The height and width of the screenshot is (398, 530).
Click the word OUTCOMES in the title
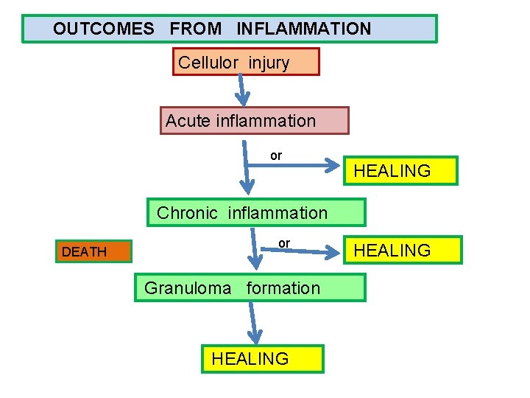tap(103, 29)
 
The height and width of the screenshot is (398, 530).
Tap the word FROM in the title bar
tap(195, 29)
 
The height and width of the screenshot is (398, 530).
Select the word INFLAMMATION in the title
tap(303, 29)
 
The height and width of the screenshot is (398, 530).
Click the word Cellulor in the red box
tap(208, 63)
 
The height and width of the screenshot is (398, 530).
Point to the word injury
tap(269, 63)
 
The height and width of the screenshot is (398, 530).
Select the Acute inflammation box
tap(254, 121)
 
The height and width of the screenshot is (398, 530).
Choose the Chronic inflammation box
tap(256, 213)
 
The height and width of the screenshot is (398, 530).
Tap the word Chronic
tap(188, 213)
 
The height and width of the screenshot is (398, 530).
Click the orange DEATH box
tap(93, 252)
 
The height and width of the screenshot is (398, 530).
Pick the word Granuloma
tap(188, 288)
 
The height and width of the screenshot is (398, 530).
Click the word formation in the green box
tap(283, 288)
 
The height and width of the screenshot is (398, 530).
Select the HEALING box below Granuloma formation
tap(262, 359)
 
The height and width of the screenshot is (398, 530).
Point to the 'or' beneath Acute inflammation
tap(275, 156)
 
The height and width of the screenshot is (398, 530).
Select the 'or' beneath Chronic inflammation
tap(284, 243)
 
